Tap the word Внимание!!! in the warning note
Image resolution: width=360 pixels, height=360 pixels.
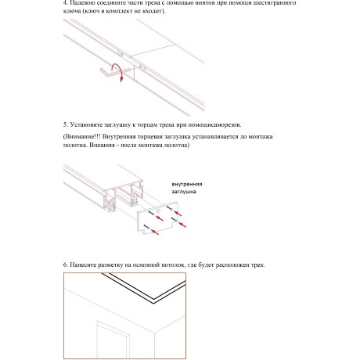(84, 137)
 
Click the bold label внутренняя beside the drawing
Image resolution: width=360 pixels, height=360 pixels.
(189, 184)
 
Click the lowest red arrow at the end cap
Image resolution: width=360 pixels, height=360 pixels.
(155, 232)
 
